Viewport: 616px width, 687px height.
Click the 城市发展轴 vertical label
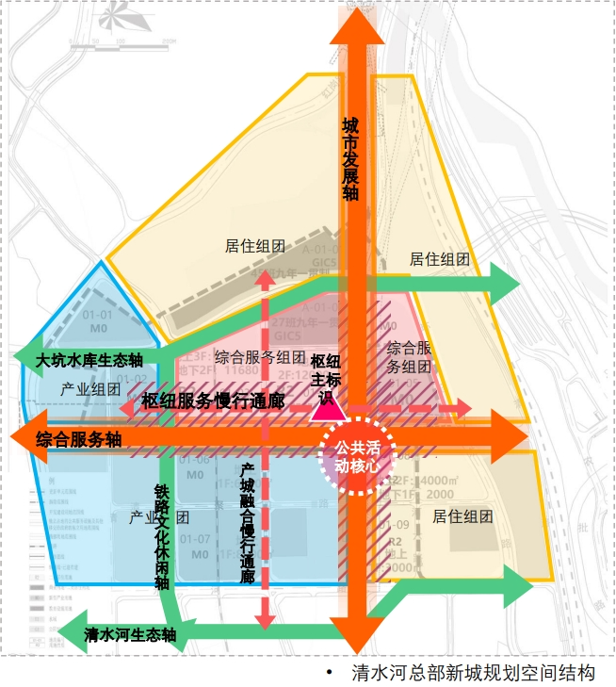[350, 159]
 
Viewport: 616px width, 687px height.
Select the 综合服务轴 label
[79, 439]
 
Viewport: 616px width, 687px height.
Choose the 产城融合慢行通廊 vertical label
[247, 522]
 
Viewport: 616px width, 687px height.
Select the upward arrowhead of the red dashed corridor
[266, 278]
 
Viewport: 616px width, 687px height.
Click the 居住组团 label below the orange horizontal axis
[463, 516]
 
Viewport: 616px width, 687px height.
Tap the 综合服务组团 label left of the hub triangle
[260, 357]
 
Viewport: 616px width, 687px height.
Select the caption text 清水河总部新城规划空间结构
[474, 673]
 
